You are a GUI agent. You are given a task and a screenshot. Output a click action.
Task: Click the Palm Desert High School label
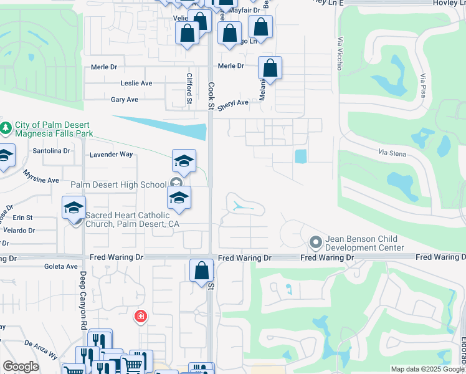pyautogui.click(x=118, y=185)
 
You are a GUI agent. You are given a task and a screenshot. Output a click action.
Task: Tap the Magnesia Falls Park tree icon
pyautogui.click(x=6, y=128)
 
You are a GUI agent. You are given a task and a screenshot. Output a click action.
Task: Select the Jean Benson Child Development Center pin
pyautogui.click(x=315, y=241)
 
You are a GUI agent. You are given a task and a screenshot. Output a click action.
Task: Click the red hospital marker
pyautogui.click(x=141, y=317)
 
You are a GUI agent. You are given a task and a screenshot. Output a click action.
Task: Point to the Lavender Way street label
pyautogui.click(x=112, y=154)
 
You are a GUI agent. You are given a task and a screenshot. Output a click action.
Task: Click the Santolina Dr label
pyautogui.click(x=52, y=150)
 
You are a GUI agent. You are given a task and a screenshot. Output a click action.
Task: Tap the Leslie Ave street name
pyautogui.click(x=136, y=83)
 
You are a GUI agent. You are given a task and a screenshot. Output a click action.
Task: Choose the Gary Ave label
pyautogui.click(x=124, y=99)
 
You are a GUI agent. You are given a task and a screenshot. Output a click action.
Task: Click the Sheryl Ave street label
pyautogui.click(x=233, y=103)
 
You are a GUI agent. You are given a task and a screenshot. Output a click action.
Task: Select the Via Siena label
pyautogui.click(x=393, y=151)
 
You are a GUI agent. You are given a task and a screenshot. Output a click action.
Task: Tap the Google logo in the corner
pyautogui.click(x=21, y=367)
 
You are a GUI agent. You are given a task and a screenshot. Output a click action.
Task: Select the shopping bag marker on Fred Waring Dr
pyautogui.click(x=201, y=271)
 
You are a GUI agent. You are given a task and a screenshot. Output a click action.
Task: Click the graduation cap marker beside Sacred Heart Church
pyautogui.click(x=74, y=208)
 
